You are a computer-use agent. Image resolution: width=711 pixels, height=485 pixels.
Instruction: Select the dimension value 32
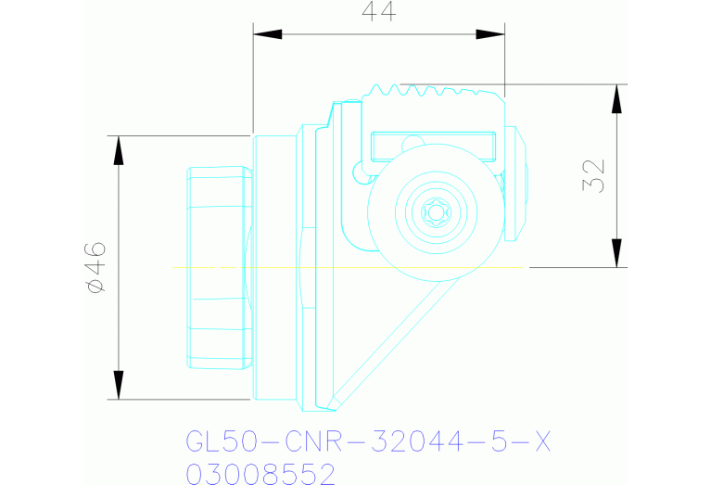click(x=593, y=175)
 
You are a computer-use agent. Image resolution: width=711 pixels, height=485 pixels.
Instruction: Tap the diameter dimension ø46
click(x=95, y=268)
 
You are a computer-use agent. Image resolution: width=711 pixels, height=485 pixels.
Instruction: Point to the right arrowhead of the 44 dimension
click(x=490, y=34)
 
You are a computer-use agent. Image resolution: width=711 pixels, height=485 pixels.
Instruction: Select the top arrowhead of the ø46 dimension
click(x=118, y=150)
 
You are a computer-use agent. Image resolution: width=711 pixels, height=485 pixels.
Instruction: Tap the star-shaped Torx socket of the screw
click(x=436, y=212)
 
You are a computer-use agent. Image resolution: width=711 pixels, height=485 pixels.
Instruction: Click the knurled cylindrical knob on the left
click(x=219, y=267)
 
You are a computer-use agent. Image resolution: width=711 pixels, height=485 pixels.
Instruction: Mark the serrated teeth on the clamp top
click(x=426, y=92)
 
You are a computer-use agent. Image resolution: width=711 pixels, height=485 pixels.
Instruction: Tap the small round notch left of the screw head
click(x=359, y=172)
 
